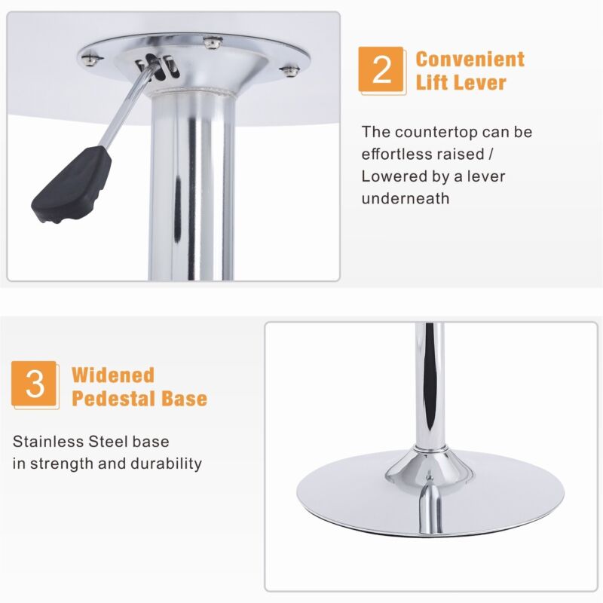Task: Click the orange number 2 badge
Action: [x=381, y=69]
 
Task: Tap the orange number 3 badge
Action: [x=34, y=384]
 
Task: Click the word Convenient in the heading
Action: [x=470, y=60]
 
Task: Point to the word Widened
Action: [x=113, y=375]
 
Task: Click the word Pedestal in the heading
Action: [x=114, y=398]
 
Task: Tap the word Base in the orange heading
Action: [x=184, y=398]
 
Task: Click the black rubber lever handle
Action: [x=72, y=184]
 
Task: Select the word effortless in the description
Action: [x=403, y=154]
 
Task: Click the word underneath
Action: [x=406, y=198]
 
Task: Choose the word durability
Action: [x=166, y=464]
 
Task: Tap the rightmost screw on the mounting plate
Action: [x=289, y=71]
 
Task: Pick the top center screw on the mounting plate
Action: [x=213, y=42]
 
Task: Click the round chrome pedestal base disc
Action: [x=430, y=494]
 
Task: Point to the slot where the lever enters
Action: [x=158, y=66]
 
